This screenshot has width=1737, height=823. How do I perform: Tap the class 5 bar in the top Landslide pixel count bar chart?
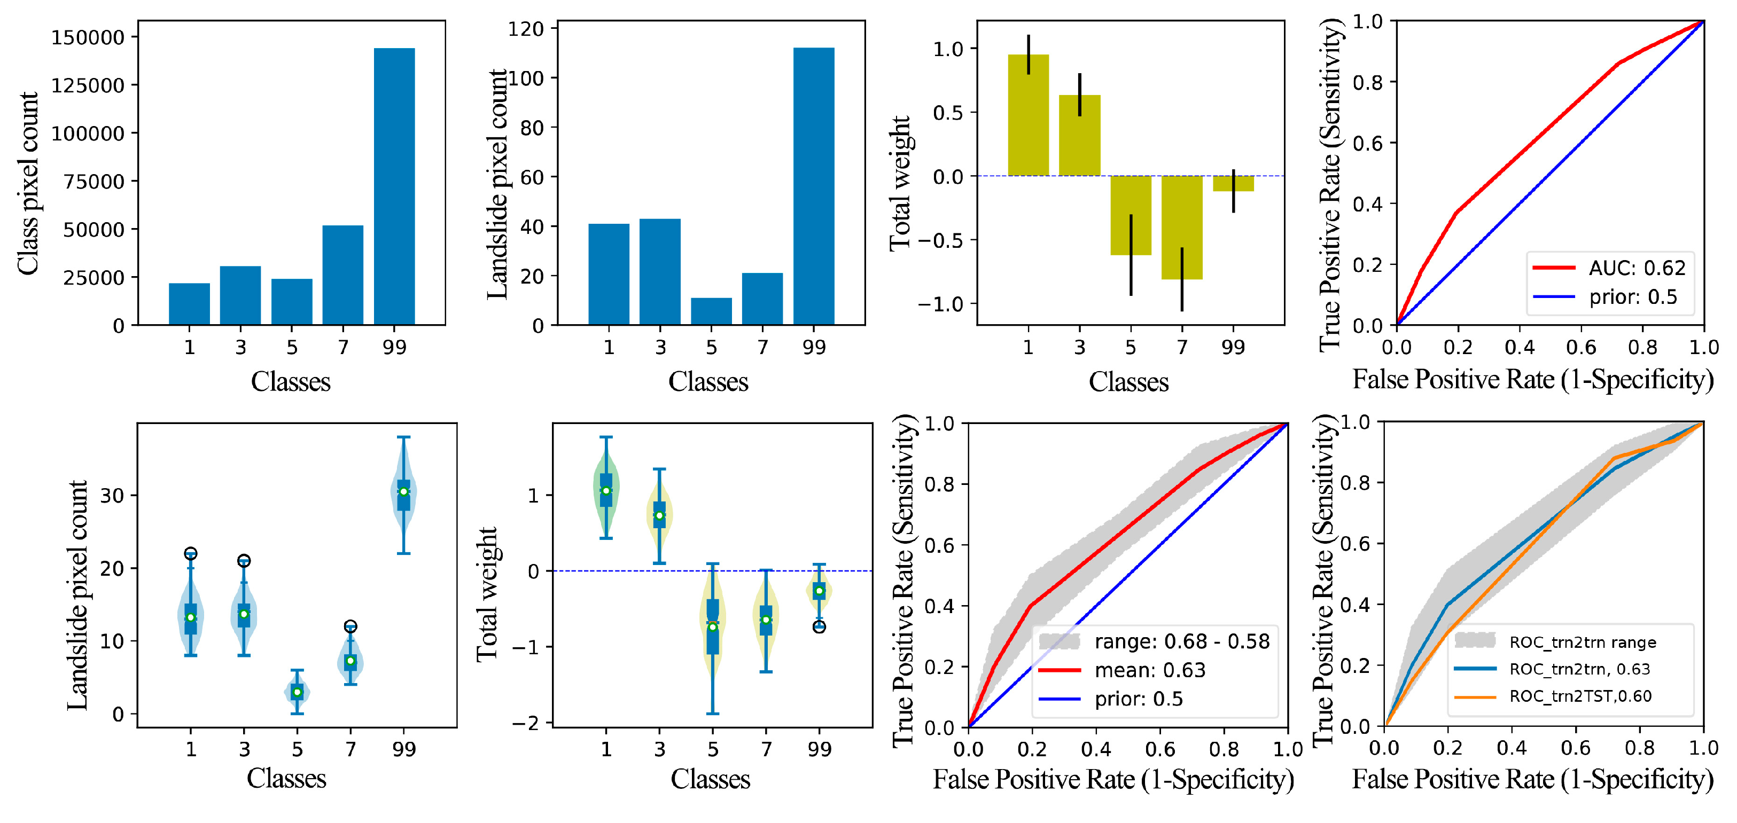pyautogui.click(x=711, y=311)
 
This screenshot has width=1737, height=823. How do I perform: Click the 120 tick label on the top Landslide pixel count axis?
pyautogui.click(x=526, y=29)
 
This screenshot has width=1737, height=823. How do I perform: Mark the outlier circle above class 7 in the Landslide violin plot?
pyautogui.click(x=350, y=626)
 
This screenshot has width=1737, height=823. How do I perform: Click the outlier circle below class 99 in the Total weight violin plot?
pyautogui.click(x=819, y=627)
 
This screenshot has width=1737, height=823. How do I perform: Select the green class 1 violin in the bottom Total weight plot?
pyautogui.click(x=606, y=489)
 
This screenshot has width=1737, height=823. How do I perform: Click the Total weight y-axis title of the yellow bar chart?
pyautogui.click(x=900, y=183)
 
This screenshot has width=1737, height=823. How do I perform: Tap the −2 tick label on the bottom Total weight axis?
pyautogui.click(x=526, y=723)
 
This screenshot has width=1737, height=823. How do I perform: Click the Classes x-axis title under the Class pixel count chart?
pyautogui.click(x=291, y=381)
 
